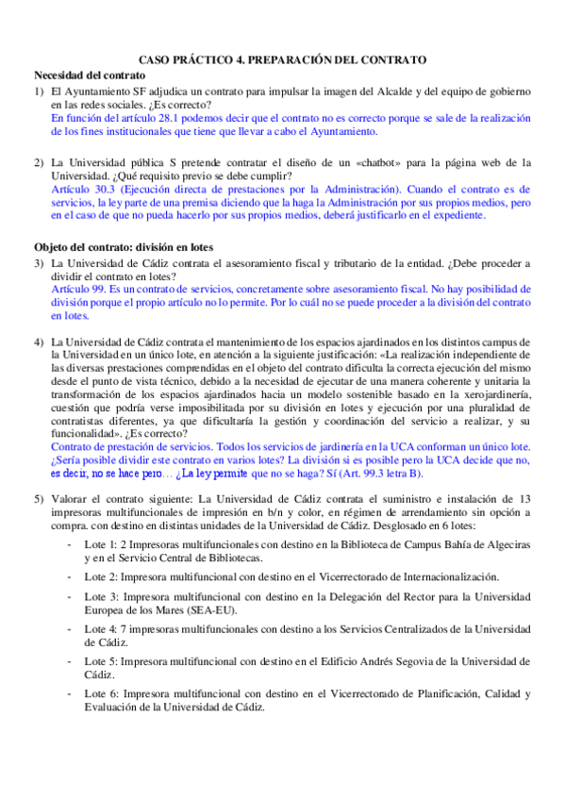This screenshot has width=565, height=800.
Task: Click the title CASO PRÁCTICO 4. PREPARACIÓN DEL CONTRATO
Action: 282,59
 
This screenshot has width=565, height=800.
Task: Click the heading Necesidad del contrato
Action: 90,75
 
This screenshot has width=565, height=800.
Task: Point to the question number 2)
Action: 39,162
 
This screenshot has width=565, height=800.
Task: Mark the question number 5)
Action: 39,497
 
